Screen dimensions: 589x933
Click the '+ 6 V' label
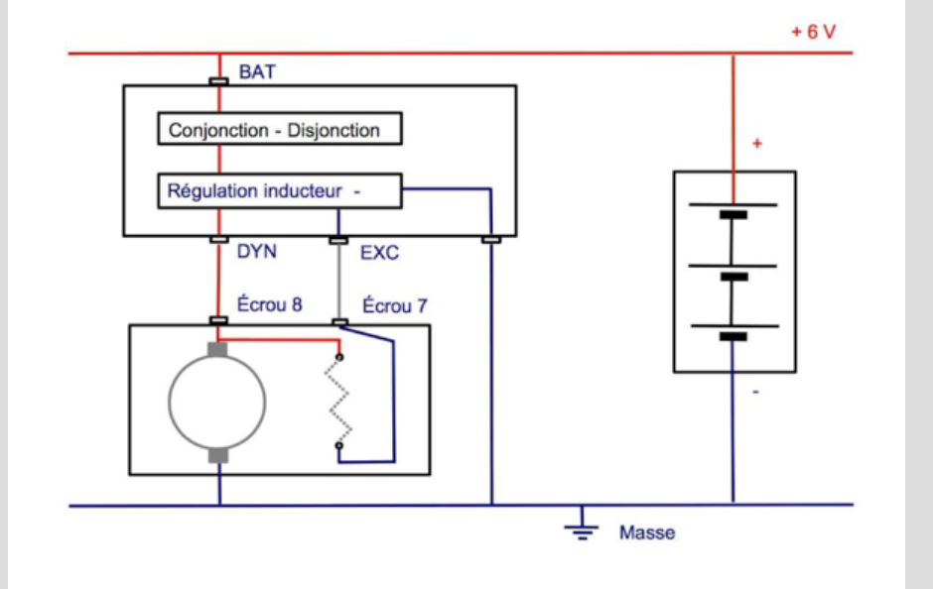813,32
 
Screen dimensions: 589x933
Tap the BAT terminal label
257,73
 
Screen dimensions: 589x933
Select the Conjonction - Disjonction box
281,130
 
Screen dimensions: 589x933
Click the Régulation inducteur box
280,191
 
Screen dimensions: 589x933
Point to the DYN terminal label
256,253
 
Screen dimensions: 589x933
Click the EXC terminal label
379,253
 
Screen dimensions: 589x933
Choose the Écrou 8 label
269,305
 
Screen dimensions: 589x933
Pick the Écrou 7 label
394,305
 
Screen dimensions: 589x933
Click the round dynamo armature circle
217,402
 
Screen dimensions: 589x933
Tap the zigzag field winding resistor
340,402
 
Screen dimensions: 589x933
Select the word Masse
647,533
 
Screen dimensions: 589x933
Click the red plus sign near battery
757,145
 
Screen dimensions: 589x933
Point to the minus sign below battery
756,393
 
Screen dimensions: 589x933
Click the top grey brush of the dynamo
217,349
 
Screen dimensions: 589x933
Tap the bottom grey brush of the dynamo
217,454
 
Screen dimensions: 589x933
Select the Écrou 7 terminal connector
339,320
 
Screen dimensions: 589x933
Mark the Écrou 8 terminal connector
218,320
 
